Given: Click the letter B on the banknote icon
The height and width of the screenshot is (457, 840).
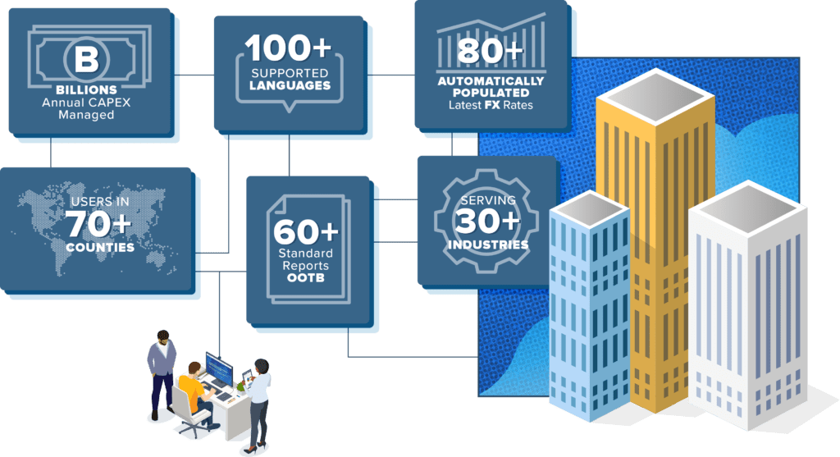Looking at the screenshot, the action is click(86, 59).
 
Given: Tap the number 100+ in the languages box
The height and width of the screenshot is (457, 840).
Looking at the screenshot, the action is click(289, 48).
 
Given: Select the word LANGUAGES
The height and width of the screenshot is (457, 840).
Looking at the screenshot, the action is click(290, 85).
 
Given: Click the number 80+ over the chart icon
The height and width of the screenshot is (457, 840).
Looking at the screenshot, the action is click(491, 52).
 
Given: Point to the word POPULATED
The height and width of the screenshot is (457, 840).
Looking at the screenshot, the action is click(491, 93).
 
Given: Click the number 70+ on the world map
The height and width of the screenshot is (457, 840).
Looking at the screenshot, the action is click(98, 223).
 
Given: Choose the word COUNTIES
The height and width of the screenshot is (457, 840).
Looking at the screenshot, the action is click(99, 248).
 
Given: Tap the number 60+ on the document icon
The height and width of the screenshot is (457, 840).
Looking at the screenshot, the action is click(306, 232).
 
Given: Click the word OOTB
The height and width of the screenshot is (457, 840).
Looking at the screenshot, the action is click(305, 278).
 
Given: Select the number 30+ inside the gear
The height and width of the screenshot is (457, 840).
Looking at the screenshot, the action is click(487, 221).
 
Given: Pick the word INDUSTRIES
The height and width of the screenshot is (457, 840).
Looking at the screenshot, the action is click(488, 244).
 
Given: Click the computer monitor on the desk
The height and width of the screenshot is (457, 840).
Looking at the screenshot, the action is click(220, 368).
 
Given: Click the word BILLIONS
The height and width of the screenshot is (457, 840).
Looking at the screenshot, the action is click(86, 90).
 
